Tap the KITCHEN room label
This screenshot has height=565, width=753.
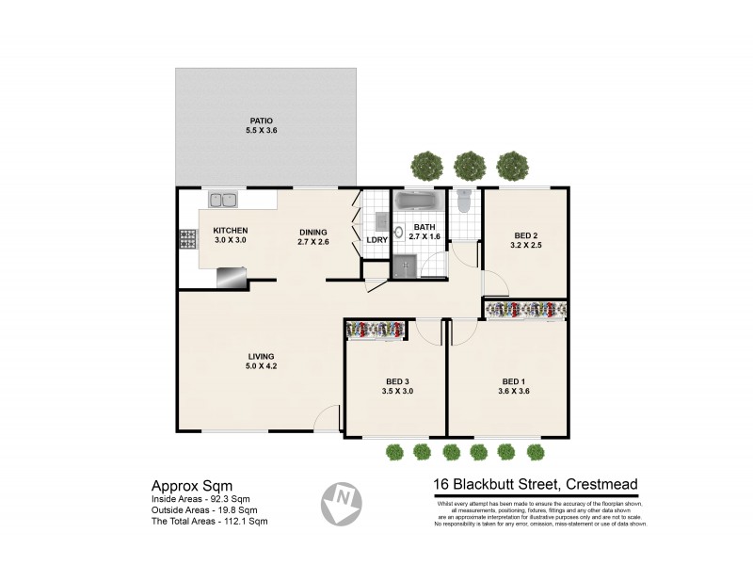pos(230,231)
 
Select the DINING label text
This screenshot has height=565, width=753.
pos(313,232)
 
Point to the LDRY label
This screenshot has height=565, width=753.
pos(376,240)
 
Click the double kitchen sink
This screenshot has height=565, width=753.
pos(224,200)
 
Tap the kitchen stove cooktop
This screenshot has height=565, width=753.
pos(186,239)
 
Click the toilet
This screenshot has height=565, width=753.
pos(463,202)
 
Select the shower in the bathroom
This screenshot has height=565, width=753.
pos(406,266)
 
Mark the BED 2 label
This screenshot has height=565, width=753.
pos(525,235)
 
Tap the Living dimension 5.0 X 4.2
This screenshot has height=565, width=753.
pos(261,367)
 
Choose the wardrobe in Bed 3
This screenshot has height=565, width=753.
pos(376,329)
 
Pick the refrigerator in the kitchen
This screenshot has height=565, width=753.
pos(231,275)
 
